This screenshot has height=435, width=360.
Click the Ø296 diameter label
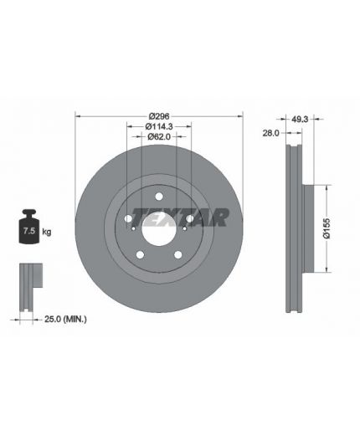159,116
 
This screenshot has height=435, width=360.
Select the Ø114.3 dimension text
159,126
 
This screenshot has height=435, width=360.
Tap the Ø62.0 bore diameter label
159,136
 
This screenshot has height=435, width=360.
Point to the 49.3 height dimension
300,120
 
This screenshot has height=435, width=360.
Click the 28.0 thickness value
270,133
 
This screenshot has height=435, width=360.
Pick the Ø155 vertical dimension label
327,228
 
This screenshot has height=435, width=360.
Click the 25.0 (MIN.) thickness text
65,319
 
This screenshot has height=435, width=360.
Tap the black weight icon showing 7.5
28,226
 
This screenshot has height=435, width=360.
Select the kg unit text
47,232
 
